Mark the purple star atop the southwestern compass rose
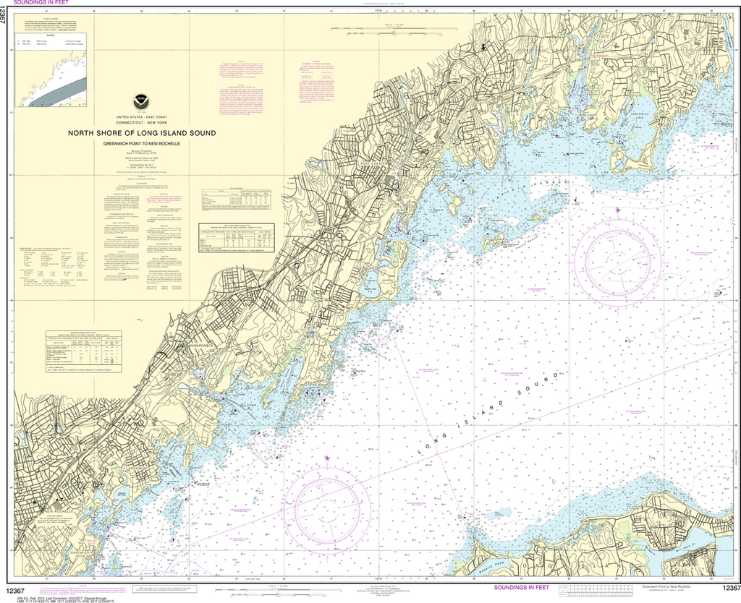coord(327,458)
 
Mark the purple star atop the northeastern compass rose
coord(619,210)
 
